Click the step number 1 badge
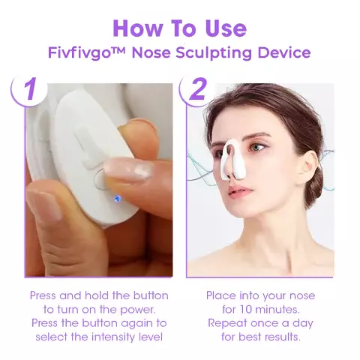(x=29, y=90)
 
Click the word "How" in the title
(x=138, y=28)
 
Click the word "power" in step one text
(x=136, y=309)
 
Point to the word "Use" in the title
(x=223, y=28)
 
